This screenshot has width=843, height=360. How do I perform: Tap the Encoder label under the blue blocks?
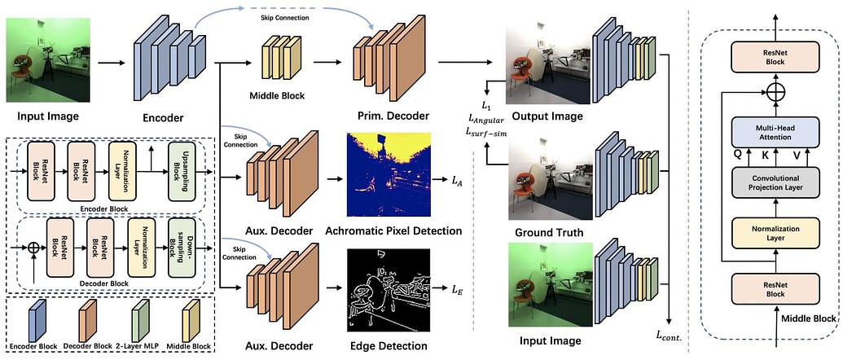[x=162, y=116]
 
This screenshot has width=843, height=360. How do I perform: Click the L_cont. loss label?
[x=670, y=335]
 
